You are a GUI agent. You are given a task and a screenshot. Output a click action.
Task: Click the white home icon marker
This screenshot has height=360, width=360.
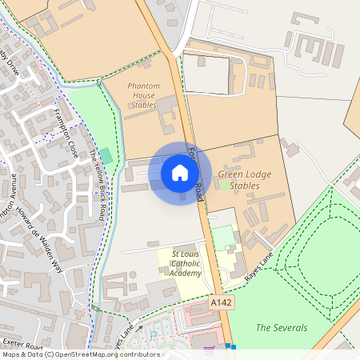point(180,173)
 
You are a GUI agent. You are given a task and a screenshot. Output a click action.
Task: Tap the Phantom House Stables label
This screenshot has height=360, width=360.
point(144,95)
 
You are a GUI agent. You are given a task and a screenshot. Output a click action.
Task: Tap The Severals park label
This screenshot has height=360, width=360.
point(281,327)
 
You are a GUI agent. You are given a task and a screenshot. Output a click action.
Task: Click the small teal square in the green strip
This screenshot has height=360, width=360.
point(106,154)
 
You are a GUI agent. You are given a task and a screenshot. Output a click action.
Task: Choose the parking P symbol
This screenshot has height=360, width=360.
point(154,335)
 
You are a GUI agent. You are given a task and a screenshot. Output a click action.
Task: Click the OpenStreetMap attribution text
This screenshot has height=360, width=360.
point(80,354)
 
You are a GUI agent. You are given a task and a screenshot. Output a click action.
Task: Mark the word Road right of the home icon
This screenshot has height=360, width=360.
point(198,190)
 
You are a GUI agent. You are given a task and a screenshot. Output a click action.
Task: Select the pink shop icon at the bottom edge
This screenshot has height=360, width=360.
point(210,349)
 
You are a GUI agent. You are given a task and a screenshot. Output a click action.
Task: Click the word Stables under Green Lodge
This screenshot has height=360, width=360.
point(246,186)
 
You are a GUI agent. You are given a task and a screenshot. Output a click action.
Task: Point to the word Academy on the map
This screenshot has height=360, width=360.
point(184,273)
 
